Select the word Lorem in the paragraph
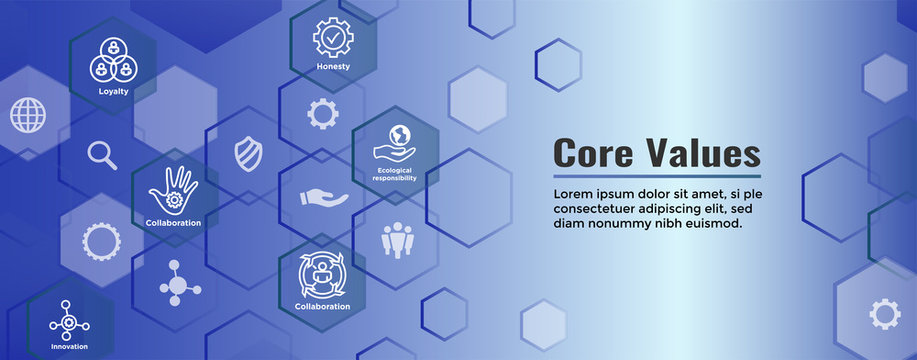point(576,193)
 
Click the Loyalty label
point(113,90)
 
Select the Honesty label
point(333,66)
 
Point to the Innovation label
point(69,346)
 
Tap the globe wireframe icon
point(28,115)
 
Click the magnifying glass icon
point(102,155)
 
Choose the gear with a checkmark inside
point(333,37)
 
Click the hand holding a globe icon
point(395,141)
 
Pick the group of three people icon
point(396,239)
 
